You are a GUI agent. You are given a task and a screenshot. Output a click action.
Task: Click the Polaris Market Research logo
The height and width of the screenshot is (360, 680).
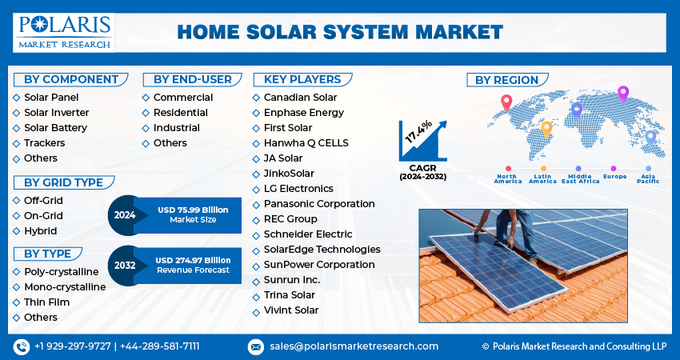63,32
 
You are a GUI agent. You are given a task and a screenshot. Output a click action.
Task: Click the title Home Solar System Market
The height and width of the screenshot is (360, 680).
340,32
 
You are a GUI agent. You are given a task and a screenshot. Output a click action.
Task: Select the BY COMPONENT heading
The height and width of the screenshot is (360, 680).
70,79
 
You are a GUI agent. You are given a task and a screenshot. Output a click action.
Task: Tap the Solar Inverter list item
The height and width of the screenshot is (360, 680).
56,113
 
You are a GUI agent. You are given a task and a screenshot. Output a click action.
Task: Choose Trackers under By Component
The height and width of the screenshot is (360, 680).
44,143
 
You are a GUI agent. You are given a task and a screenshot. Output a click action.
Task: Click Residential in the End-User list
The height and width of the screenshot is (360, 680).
180,113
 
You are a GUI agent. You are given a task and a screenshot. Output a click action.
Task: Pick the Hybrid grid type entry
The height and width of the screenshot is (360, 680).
40,231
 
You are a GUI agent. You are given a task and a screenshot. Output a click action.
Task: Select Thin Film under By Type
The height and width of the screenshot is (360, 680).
46,302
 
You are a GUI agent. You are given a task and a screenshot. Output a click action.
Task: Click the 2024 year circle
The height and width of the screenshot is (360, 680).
125,214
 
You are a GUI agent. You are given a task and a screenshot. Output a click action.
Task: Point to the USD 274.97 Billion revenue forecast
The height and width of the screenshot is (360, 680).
193,265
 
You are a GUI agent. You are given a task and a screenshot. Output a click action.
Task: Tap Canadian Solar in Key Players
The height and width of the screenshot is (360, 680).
300,98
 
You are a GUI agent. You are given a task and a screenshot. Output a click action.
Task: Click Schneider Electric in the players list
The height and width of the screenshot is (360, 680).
307,234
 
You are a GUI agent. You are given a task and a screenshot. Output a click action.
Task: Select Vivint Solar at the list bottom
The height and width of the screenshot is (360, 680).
290,310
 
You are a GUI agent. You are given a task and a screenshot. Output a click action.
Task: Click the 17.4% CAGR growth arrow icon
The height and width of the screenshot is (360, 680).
422,141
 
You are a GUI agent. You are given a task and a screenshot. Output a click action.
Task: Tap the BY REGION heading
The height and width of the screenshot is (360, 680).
507,80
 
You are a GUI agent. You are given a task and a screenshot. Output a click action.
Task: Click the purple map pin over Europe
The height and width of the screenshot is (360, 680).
623,93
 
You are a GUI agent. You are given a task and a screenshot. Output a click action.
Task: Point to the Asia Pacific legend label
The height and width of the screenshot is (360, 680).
648,178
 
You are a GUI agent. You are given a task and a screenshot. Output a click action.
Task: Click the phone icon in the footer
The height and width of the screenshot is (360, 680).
22,346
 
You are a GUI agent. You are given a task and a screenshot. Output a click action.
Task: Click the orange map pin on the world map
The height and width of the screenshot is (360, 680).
546,128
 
